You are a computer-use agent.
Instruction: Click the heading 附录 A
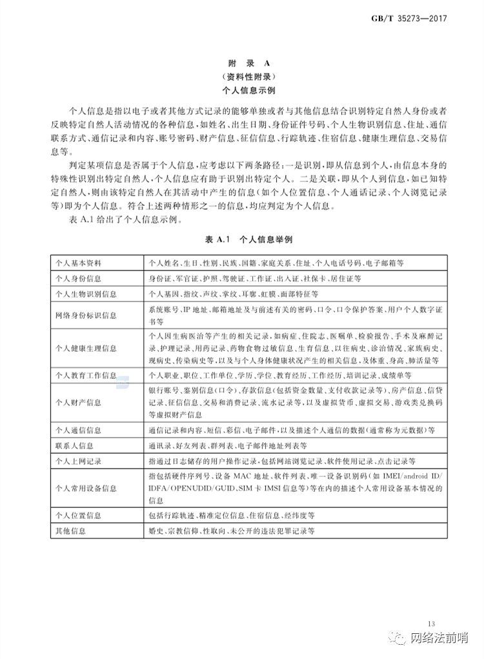243,64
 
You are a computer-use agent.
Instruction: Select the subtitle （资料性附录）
243,77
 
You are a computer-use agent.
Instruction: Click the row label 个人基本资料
78,263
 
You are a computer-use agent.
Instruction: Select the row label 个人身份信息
78,278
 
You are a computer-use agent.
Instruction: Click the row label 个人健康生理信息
86,349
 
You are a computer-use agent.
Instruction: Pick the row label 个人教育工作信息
86,375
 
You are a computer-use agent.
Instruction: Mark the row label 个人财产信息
78,402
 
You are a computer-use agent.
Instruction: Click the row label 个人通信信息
78,429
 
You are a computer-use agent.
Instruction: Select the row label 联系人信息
74,445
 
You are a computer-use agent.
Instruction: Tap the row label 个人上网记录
78,461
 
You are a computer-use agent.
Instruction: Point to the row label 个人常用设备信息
86,489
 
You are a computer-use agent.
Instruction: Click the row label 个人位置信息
78,515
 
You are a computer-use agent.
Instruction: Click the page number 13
431,623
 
